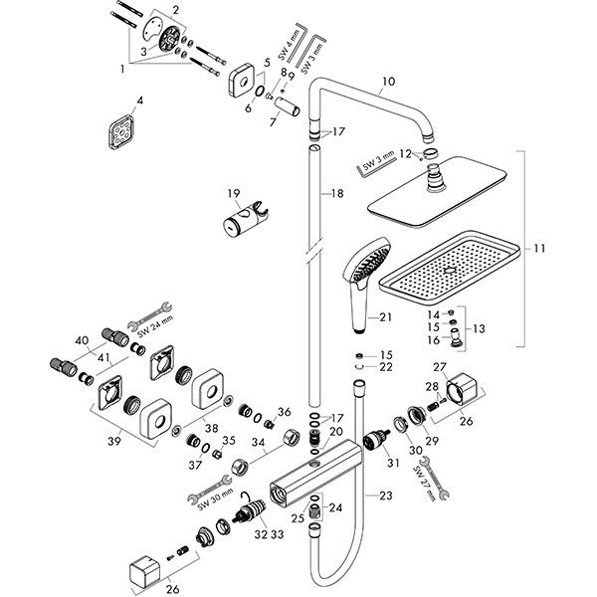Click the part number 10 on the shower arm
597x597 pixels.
click(x=389, y=82)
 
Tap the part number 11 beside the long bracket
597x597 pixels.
click(x=539, y=249)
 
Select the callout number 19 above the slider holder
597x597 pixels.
click(x=234, y=193)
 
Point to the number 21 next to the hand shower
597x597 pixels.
click(x=385, y=316)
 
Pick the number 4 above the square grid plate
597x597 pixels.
click(x=140, y=100)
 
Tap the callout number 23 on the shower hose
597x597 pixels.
click(x=386, y=496)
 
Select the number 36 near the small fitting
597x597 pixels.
click(x=284, y=412)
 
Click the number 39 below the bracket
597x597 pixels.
click(x=114, y=441)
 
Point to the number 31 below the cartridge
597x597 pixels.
click(x=393, y=463)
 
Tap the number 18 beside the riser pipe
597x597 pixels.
click(x=337, y=193)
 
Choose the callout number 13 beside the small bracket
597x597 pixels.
click(x=479, y=328)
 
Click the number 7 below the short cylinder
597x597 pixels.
click(x=273, y=122)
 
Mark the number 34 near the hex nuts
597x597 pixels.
click(x=258, y=442)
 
